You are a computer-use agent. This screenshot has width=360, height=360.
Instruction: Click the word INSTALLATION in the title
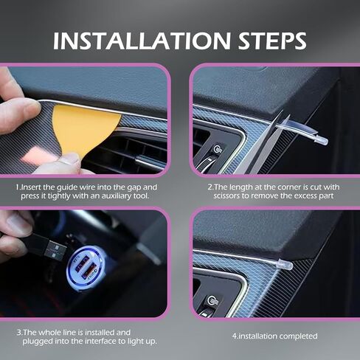pos(142,41)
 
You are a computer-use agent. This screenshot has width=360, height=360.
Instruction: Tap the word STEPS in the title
pos(272,41)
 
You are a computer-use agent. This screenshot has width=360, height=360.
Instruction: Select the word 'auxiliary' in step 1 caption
pos(116,196)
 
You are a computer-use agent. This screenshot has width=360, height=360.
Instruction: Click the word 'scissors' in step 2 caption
pos(226,196)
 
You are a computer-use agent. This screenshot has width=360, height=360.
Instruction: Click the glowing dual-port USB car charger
pos(86,268)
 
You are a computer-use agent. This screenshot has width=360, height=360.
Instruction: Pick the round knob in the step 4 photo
pos(211,300)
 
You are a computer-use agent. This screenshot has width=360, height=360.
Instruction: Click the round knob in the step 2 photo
pos(216,149)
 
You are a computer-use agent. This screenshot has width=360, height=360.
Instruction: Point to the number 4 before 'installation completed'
pos(235,336)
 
